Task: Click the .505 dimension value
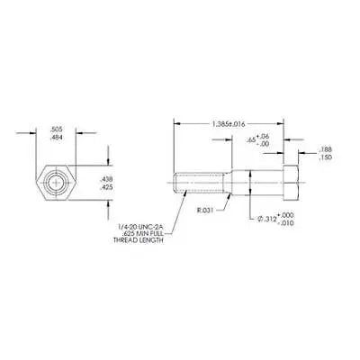click(57, 128)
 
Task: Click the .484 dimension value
click(57, 136)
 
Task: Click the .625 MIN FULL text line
click(140, 235)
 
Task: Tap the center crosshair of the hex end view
click(57, 182)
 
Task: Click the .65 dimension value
click(252, 140)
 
